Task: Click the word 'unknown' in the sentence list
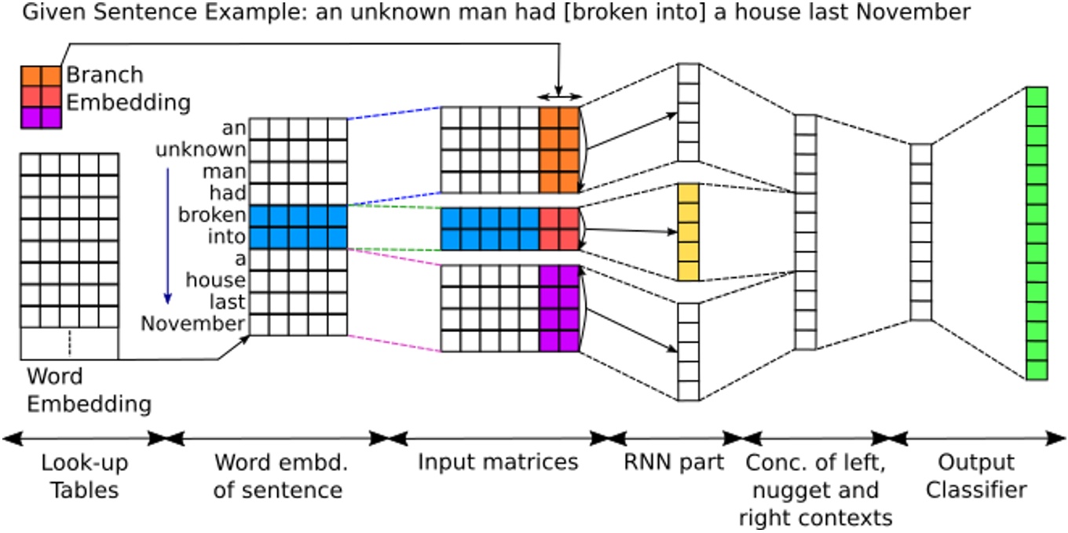[200, 149]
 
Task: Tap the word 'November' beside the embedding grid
[192, 323]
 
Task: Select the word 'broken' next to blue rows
[211, 214]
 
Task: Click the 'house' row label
[215, 279]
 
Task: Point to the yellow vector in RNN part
[688, 232]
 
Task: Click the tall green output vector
[1037, 233]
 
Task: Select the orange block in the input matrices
[559, 150]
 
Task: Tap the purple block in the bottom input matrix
[559, 308]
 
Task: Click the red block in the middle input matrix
[559, 229]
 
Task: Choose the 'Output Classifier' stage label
[975, 476]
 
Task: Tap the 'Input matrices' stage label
[498, 462]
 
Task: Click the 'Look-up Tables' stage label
[84, 476]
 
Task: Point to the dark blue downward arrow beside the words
[167, 235]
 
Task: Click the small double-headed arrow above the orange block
[558, 97]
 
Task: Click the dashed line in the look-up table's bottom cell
[69, 343]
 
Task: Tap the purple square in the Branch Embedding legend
[40, 117]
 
